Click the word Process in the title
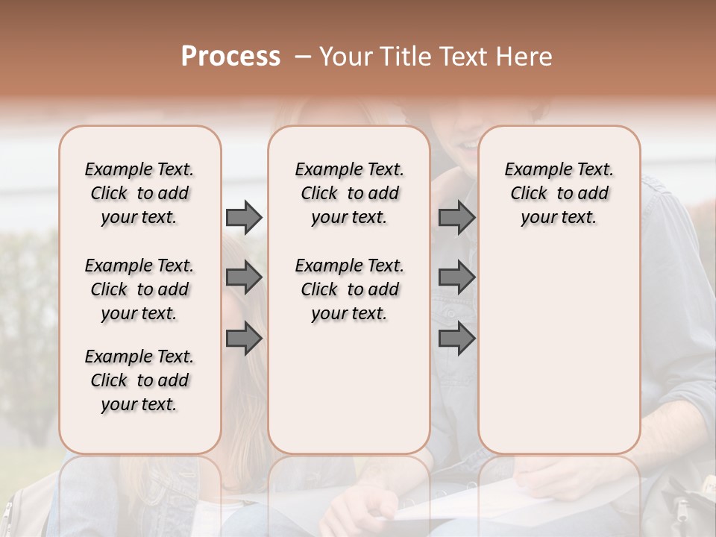(x=230, y=57)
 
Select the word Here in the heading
(x=524, y=57)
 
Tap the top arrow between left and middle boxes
(x=244, y=217)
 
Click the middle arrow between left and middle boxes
(x=244, y=277)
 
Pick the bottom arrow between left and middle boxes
(x=244, y=339)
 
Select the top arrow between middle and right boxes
(x=456, y=217)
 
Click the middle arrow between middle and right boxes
(x=456, y=277)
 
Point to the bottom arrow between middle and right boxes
(x=456, y=339)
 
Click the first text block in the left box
(x=139, y=193)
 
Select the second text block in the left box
(x=139, y=289)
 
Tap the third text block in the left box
(x=139, y=380)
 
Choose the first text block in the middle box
(x=349, y=193)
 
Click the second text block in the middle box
(x=349, y=289)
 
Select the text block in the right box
(x=559, y=193)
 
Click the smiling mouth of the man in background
(x=468, y=142)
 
